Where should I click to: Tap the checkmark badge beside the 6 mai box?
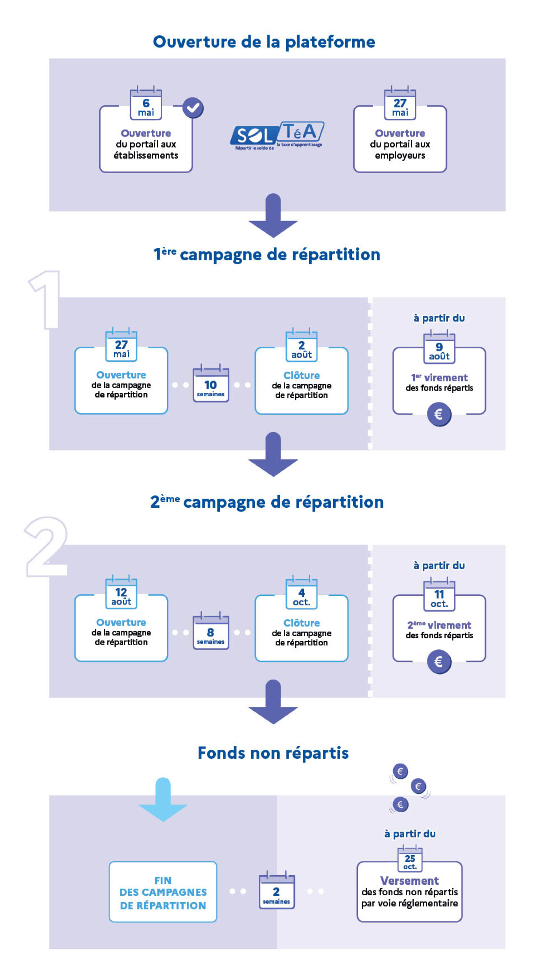click(x=193, y=108)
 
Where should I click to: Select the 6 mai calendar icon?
click(x=146, y=104)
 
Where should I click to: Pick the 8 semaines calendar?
click(x=210, y=632)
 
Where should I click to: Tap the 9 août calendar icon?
click(x=439, y=348)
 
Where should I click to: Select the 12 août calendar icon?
click(x=121, y=593)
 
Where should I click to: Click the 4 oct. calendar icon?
click(x=301, y=594)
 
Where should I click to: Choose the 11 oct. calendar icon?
click(x=439, y=596)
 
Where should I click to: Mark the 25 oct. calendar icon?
click(x=410, y=861)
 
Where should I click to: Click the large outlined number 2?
click(x=46, y=547)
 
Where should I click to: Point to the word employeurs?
click(x=400, y=155)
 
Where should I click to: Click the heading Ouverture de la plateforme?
click(x=264, y=42)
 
